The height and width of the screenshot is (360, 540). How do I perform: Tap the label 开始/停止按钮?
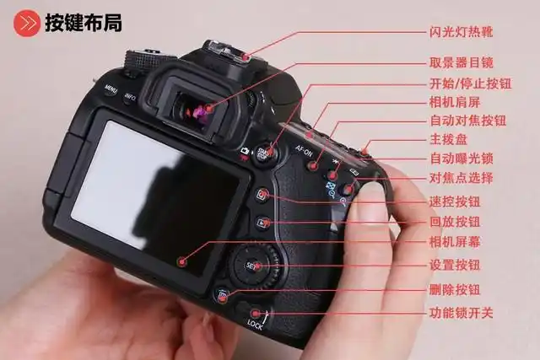click(x=467, y=83)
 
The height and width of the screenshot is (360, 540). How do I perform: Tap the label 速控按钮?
click(x=455, y=202)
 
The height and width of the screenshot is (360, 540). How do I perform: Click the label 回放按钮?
click(x=455, y=222)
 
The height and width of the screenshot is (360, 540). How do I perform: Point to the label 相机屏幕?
click(x=455, y=242)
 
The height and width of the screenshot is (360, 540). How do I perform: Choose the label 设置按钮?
click(x=455, y=265)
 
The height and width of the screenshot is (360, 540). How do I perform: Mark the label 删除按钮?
click(x=455, y=289)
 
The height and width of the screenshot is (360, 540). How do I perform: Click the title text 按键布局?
click(x=84, y=23)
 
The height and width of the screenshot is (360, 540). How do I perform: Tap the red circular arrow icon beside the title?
click(x=27, y=23)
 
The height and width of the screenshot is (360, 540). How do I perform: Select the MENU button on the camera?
click(x=111, y=88)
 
